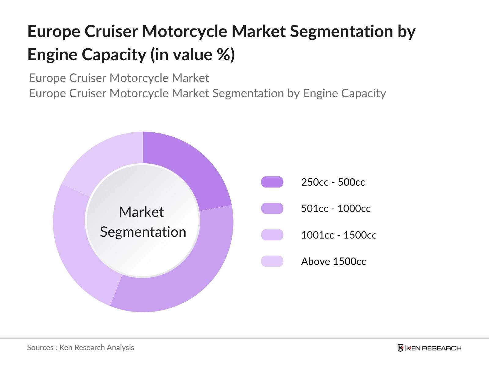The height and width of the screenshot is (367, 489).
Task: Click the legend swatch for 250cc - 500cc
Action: click(272, 182)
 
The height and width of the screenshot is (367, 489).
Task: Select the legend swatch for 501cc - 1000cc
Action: click(272, 209)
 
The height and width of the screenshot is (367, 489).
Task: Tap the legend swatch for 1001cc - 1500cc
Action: click(272, 235)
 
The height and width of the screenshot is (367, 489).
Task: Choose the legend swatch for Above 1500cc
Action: click(272, 261)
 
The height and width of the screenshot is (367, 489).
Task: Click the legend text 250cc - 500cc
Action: click(333, 182)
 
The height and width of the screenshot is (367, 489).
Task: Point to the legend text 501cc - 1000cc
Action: click(336, 209)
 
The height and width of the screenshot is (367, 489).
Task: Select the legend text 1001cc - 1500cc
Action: click(339, 235)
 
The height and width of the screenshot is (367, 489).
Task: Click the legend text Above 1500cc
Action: click(333, 261)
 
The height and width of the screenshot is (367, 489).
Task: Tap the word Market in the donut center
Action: click(141, 212)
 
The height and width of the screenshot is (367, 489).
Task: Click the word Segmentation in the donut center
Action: click(143, 232)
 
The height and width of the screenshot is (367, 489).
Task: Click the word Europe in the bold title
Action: click(53, 32)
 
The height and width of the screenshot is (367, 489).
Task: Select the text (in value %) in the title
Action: click(193, 55)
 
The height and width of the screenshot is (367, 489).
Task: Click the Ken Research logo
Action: click(429, 348)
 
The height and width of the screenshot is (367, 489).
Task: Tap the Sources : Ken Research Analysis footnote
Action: click(80, 347)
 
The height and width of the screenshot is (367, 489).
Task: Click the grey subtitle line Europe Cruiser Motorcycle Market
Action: click(119, 78)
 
